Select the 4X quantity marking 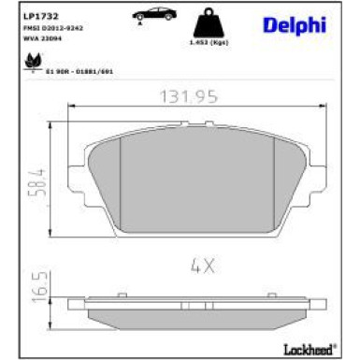point(203,265)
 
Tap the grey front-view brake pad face point(196,182)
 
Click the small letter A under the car point(139,26)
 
